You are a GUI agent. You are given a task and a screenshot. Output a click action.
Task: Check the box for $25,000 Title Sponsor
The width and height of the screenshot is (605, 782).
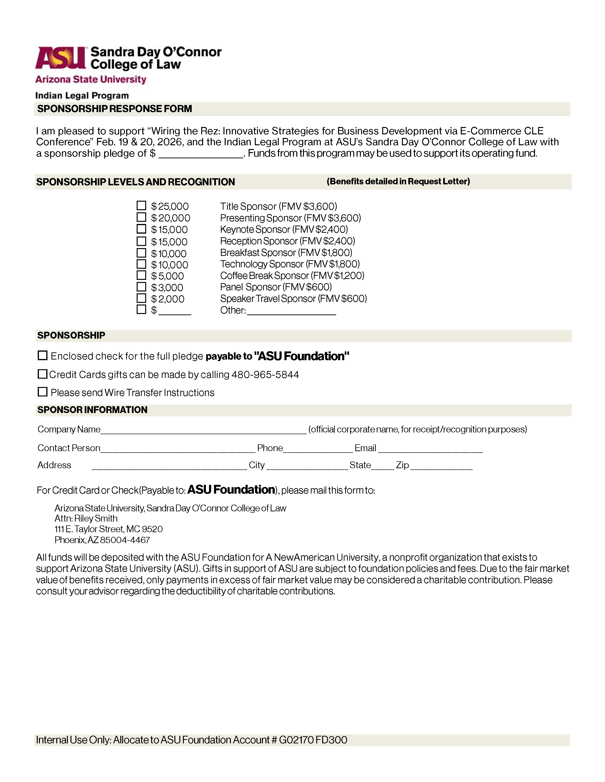pos(142,205)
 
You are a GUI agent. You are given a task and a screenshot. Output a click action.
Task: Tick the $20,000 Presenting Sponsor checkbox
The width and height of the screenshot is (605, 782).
pos(142,217)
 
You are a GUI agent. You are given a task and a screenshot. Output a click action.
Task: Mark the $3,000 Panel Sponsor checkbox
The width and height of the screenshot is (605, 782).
pos(142,287)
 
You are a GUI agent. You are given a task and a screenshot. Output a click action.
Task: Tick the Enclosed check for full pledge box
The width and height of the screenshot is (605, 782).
pos(43,355)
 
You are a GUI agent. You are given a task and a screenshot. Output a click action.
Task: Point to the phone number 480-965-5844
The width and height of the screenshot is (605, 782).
pos(265,374)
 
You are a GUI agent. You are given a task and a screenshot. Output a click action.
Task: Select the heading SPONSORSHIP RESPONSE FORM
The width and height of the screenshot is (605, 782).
pos(115,109)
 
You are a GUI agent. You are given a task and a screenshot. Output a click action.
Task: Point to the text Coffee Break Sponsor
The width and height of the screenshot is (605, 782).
pos(265,276)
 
